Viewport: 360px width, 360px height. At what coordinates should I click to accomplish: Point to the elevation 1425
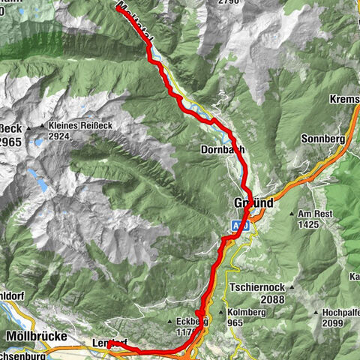pos(309,224)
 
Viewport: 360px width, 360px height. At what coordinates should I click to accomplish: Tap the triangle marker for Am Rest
pos(292,214)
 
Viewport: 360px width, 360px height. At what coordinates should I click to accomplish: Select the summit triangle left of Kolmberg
pos(221,312)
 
